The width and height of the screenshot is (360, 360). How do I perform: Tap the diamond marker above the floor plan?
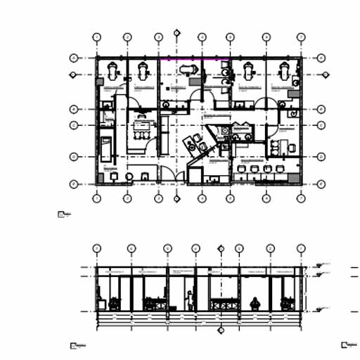(177, 32)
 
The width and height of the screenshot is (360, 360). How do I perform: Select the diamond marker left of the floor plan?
(72, 74)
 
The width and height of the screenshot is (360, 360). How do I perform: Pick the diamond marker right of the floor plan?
(326, 74)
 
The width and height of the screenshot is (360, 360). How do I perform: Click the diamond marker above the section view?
(221, 247)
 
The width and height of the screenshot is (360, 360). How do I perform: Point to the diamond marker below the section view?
(221, 329)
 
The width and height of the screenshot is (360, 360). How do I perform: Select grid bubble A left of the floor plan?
(72, 58)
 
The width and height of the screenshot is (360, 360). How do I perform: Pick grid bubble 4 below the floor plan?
(201, 198)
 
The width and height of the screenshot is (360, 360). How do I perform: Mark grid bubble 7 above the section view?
(301, 248)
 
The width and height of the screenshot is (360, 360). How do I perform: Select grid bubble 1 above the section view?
(97, 248)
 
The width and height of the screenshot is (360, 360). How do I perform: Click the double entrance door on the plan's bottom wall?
(169, 176)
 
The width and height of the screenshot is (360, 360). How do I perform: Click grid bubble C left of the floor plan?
(72, 125)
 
